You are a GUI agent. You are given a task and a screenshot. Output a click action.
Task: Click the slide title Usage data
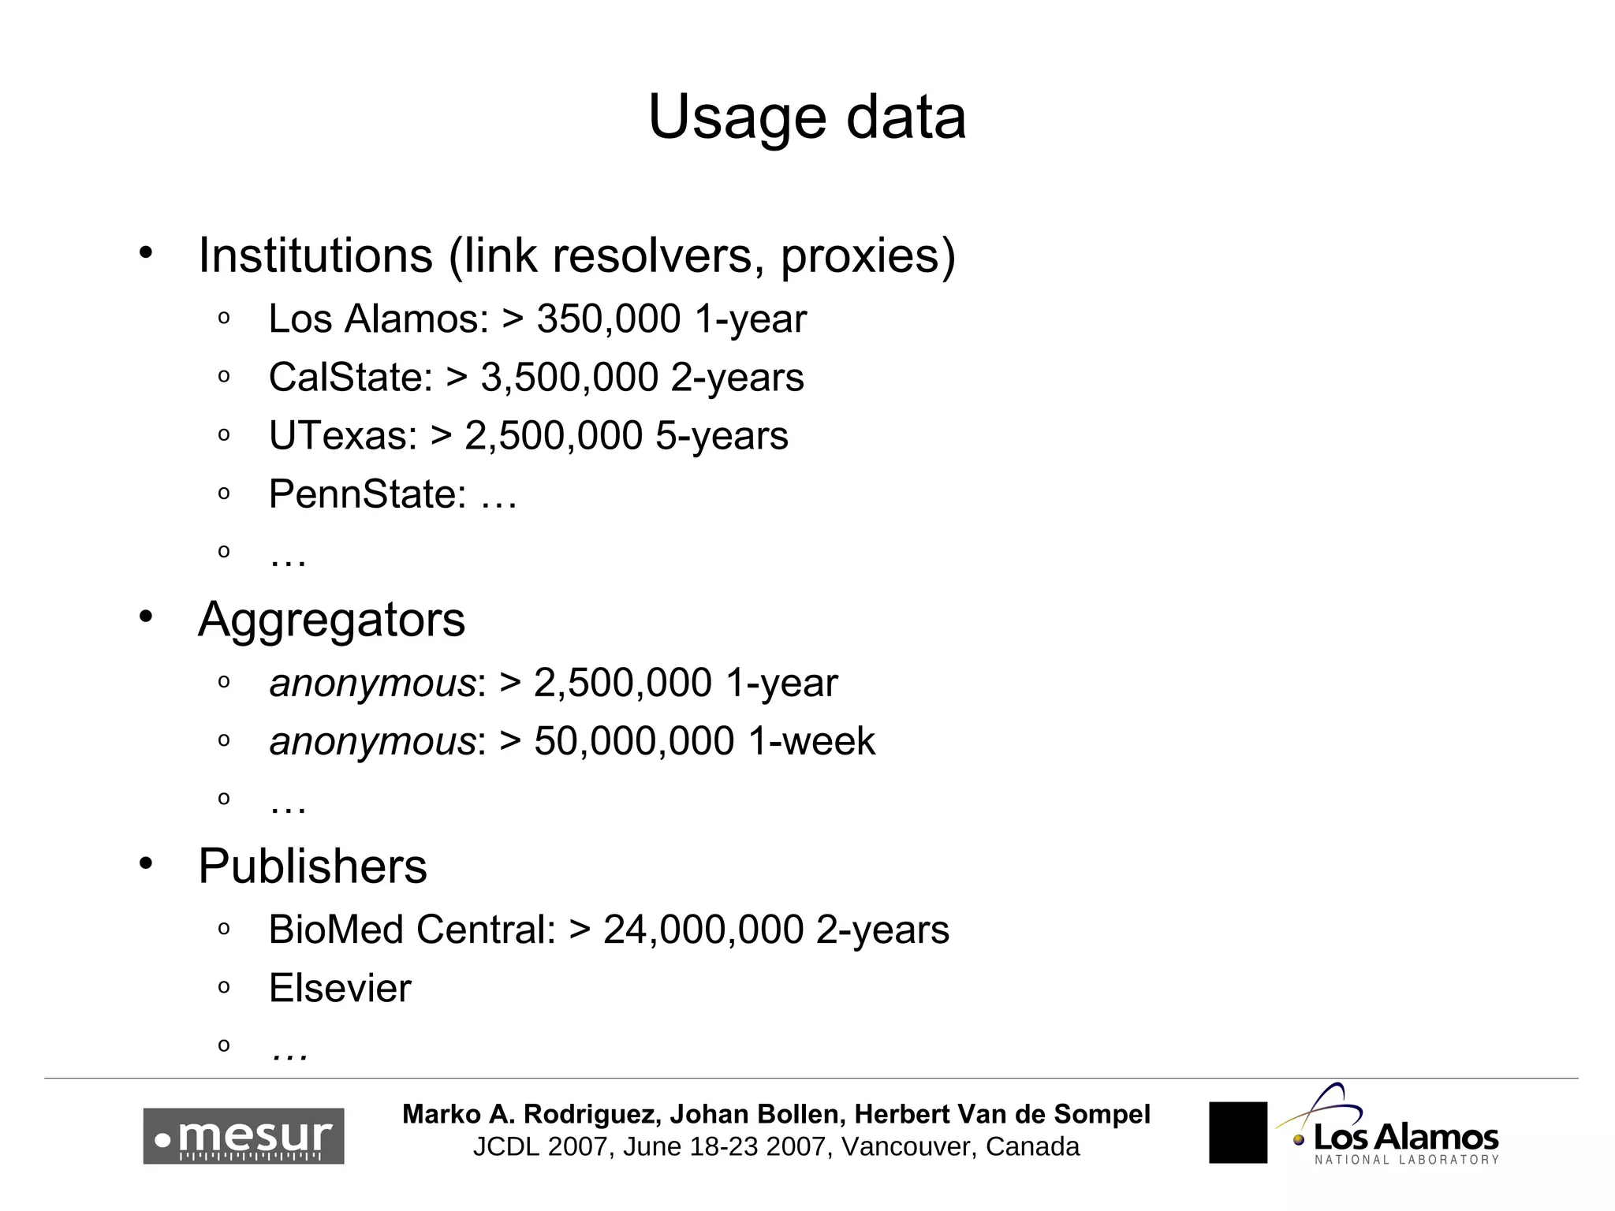(807, 118)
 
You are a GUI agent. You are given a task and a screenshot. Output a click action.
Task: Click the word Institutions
(315, 255)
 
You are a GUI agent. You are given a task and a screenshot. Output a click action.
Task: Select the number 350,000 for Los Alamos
(608, 319)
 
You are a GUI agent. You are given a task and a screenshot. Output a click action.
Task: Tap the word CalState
(350, 378)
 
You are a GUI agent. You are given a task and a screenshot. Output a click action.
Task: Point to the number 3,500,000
(569, 378)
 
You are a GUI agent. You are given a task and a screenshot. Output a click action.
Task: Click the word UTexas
(342, 436)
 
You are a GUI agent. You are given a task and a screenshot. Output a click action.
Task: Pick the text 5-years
(722, 436)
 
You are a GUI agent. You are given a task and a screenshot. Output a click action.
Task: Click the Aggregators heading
(332, 620)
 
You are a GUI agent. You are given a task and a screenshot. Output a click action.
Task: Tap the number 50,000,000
(634, 742)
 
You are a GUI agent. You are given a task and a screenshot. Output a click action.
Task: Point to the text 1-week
(811, 742)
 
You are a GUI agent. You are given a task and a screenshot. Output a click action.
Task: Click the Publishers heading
(312, 866)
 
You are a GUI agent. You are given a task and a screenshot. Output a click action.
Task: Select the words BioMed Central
(412, 930)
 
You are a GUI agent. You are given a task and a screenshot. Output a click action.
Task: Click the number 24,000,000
(703, 930)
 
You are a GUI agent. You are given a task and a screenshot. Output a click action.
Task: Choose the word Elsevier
(340, 989)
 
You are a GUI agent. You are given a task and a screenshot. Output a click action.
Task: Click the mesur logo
(244, 1136)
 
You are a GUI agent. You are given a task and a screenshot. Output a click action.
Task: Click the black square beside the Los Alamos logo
(1238, 1132)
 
